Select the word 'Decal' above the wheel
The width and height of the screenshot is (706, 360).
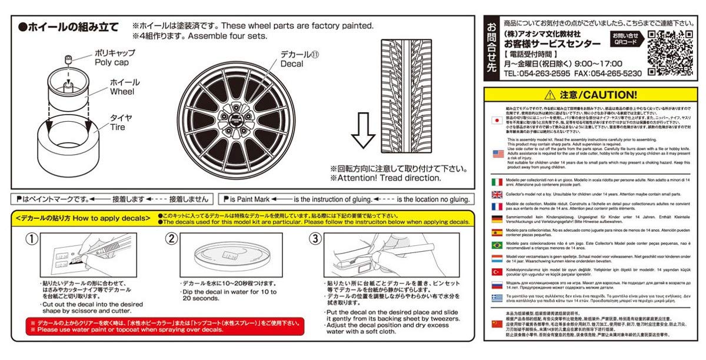coord(292,64)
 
